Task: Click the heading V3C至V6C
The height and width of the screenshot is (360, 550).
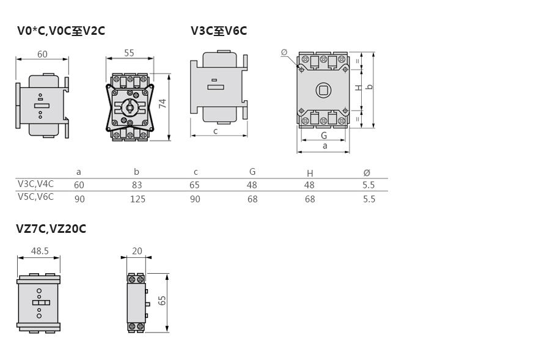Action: click(x=219, y=31)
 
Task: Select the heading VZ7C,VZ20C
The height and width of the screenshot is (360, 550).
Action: click(x=51, y=229)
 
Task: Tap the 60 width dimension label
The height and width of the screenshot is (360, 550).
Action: click(x=42, y=54)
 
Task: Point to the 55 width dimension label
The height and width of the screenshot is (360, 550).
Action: click(x=129, y=53)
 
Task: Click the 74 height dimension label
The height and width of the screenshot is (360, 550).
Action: click(x=163, y=103)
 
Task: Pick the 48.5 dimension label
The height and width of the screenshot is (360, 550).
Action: click(x=40, y=251)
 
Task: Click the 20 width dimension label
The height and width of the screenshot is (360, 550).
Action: click(x=137, y=251)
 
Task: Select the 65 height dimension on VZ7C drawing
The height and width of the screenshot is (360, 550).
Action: click(x=162, y=301)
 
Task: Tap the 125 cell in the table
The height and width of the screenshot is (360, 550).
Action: click(x=137, y=199)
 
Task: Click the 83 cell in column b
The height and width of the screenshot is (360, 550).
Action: click(x=137, y=185)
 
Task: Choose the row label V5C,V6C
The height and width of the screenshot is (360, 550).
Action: click(x=36, y=196)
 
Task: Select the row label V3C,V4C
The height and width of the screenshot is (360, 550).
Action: click(x=36, y=184)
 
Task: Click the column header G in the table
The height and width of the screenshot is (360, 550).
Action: click(x=252, y=172)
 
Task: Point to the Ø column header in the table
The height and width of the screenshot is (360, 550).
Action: click(x=367, y=172)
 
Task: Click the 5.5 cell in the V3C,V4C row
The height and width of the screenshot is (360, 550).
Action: click(x=369, y=185)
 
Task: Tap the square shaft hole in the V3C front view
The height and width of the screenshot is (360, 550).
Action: click(x=323, y=90)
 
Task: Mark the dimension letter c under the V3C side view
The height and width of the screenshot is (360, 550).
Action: click(x=216, y=131)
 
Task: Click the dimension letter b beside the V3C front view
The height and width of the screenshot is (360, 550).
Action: click(x=369, y=86)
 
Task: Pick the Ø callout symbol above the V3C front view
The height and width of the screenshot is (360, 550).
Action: click(x=284, y=53)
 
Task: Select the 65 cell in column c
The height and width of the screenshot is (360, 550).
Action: click(x=194, y=185)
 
